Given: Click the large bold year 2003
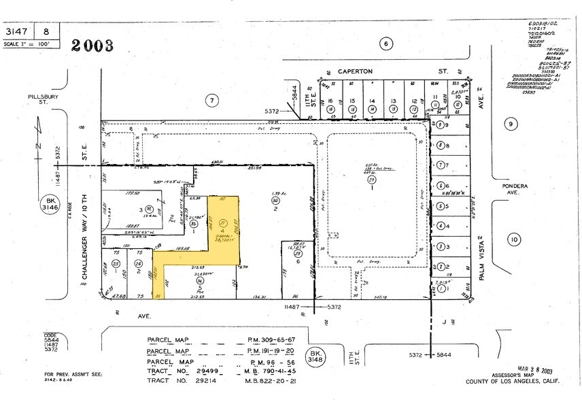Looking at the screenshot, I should pos(90,46).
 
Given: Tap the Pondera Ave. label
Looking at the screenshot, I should pos(507,189).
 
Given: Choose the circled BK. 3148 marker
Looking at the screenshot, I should pos(315,356).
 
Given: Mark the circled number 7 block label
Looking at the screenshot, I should pos(212,101).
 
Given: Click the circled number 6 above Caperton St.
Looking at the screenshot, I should pos(386,44).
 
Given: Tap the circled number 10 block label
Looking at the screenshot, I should pos(513,239).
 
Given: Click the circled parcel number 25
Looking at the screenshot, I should pos(116,263).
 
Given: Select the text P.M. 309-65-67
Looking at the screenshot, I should pos(270,340).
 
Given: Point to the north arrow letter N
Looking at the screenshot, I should pos(39,145).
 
